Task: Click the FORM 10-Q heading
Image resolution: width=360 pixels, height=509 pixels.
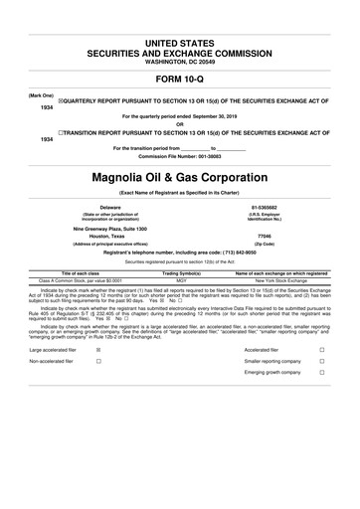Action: click(179, 78)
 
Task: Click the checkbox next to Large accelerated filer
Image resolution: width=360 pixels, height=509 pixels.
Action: click(96, 350)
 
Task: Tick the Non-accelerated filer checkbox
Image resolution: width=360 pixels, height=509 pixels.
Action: click(96, 364)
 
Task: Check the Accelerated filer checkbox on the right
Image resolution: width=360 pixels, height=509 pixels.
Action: click(321, 350)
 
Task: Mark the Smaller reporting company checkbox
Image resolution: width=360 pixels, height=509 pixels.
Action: click(321, 364)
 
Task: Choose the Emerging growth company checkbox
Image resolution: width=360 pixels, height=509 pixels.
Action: click(321, 379)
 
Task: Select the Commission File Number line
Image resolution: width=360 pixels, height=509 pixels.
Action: click(179, 156)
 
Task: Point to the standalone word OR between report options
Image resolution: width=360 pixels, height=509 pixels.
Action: click(179, 123)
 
